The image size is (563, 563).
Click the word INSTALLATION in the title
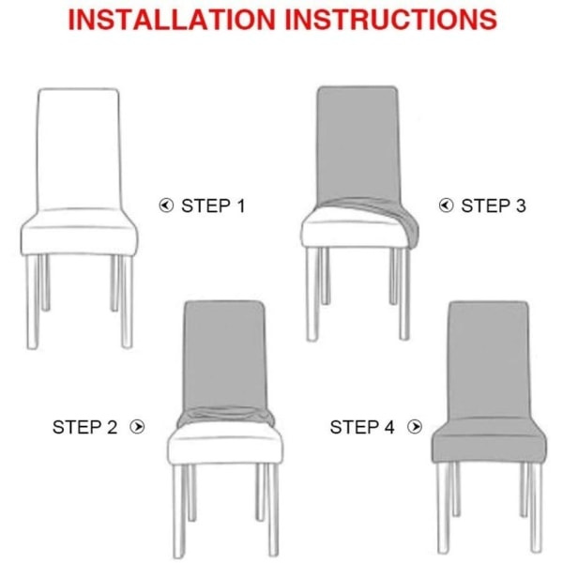coord(172,20)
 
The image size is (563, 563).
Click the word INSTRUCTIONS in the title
coord(391,20)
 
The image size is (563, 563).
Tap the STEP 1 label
coord(213,205)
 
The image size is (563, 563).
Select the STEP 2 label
coord(84,427)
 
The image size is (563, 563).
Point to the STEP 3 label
coord(494,205)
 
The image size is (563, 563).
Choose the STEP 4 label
coord(362,427)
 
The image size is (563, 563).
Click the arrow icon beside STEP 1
coord(166,205)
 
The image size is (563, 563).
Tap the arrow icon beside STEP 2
coord(137,427)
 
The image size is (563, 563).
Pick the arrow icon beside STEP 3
coord(446,205)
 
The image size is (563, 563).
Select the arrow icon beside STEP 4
coord(415,427)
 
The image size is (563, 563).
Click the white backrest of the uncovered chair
coord(79,149)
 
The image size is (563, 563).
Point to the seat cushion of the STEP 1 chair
coord(79,233)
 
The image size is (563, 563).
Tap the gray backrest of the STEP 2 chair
coord(224,356)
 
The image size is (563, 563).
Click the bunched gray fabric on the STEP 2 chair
coord(225,417)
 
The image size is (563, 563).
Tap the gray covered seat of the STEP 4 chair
coord(489,442)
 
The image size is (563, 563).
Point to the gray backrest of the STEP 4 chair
coord(489,359)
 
